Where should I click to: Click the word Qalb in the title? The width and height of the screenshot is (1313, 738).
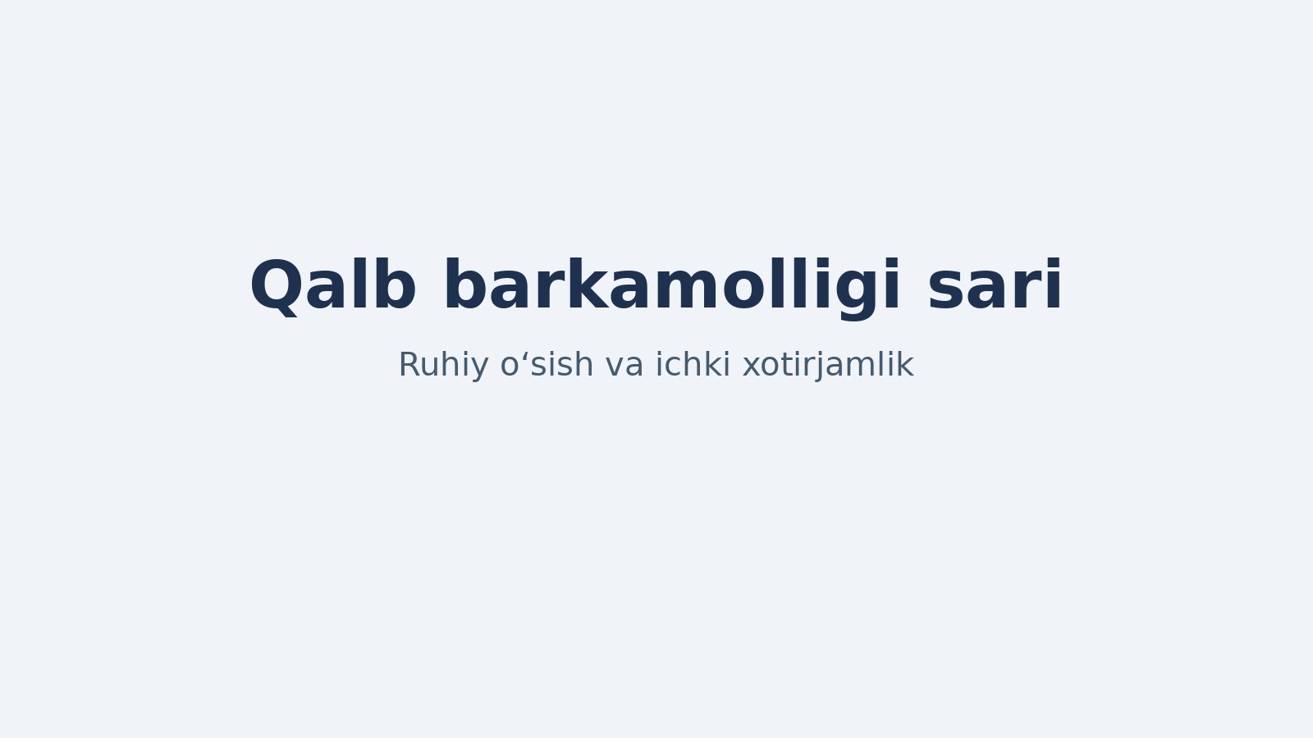coord(333,285)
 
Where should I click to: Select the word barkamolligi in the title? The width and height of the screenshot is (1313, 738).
coord(672,287)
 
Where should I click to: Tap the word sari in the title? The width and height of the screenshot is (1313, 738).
coord(995,284)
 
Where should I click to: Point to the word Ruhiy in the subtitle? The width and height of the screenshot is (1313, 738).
coord(443,366)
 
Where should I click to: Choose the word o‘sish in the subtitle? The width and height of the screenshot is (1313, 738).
coord(547,364)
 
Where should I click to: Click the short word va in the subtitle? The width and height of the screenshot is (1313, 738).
coord(624,367)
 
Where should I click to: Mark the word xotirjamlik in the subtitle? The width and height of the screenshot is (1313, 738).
coord(828,366)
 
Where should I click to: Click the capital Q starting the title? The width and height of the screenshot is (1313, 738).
coord(278,286)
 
